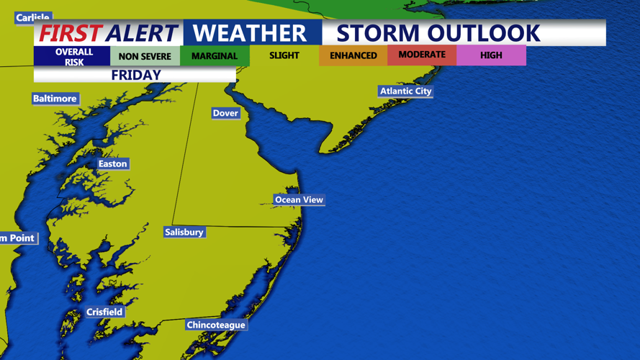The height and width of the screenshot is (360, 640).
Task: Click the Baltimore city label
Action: click(55, 99)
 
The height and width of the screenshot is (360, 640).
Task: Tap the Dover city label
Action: click(225, 113)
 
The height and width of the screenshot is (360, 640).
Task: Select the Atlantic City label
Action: click(405, 91)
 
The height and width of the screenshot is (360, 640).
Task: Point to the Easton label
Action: click(112, 164)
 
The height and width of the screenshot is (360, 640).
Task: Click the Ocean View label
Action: click(299, 199)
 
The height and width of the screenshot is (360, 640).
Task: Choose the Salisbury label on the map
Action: click(184, 232)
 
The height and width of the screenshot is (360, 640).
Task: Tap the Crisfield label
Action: click(104, 312)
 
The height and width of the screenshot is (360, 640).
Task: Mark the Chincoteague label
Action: click(216, 325)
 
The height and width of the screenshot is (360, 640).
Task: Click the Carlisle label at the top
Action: click(33, 18)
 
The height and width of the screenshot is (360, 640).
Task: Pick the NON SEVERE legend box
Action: click(145, 56)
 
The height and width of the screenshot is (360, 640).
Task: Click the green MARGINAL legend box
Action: click(215, 56)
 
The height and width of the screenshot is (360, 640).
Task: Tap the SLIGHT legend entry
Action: click(284, 55)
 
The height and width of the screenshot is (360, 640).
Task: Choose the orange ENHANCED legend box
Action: click(353, 55)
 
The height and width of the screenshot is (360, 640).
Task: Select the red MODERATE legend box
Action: click(422, 55)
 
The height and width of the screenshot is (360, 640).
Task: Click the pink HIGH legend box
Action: click(491, 55)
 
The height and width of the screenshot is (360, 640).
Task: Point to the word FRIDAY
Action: click(135, 75)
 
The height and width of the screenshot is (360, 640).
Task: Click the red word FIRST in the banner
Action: click(71, 33)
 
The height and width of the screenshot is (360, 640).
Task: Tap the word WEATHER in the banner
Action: click(250, 33)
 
